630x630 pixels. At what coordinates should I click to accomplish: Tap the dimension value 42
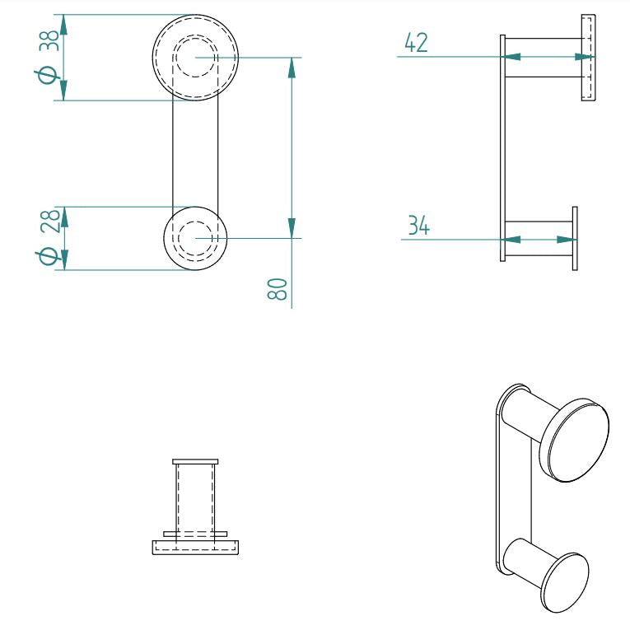coord(417,43)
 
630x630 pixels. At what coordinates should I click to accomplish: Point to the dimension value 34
coord(418,225)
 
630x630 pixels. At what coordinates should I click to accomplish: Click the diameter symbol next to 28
coord(49,255)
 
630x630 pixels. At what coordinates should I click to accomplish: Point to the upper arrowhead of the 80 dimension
coord(292,67)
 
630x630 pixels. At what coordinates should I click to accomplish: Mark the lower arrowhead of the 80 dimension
coord(292,228)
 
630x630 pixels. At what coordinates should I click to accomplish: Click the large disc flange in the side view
coord(588,58)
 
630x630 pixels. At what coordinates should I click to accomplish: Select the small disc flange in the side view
coord(575,239)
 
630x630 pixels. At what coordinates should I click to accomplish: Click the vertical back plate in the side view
coord(502,148)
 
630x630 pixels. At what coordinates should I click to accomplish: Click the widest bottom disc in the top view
coord(195,547)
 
